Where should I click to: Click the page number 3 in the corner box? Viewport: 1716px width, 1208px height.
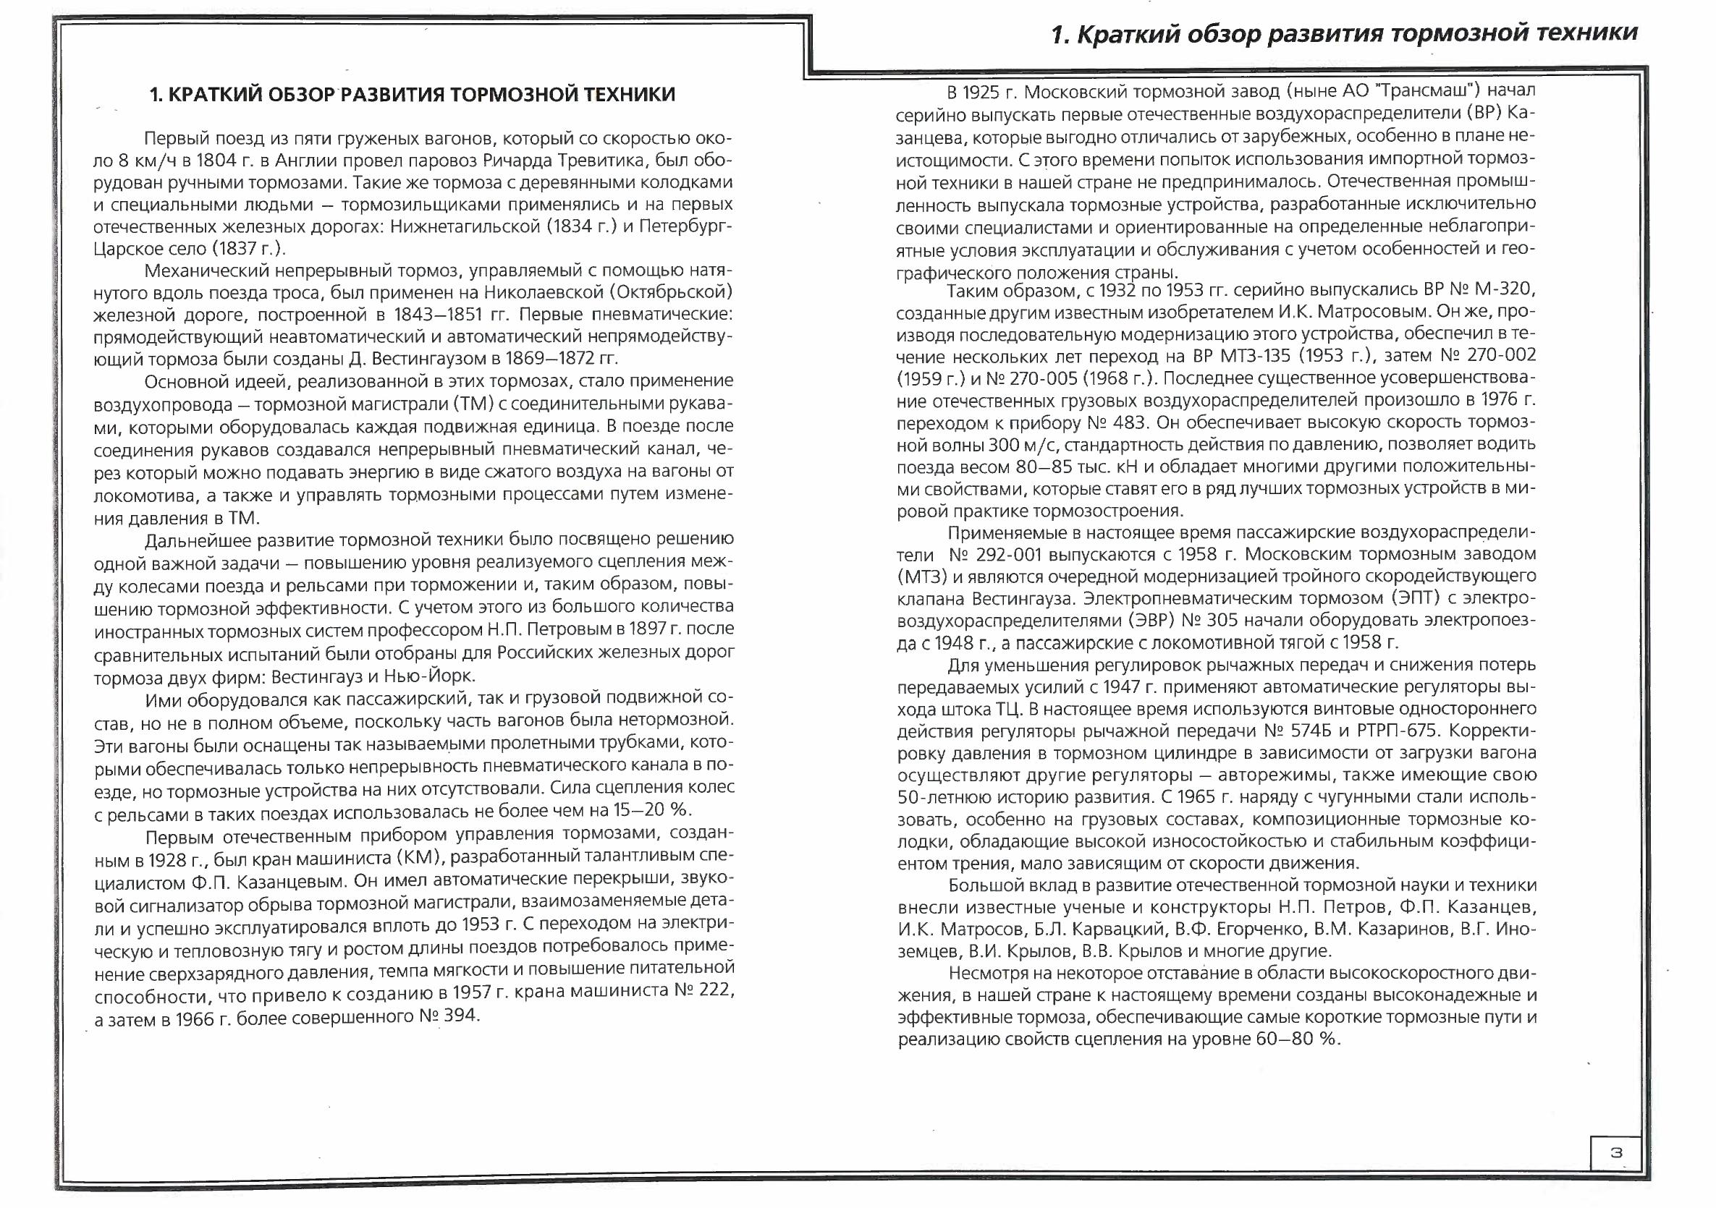coord(1616,1153)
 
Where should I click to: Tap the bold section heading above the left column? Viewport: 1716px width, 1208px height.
coord(413,95)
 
